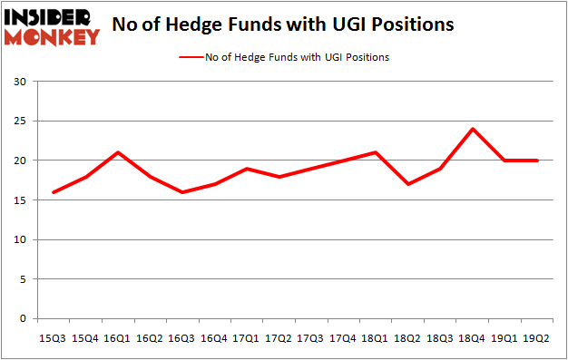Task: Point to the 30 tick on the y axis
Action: [19, 82]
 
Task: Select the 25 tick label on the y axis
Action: [19, 122]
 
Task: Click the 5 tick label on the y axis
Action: [22, 279]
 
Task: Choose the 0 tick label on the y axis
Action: [22, 319]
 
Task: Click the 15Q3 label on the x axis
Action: [52, 338]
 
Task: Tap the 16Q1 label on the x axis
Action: [118, 338]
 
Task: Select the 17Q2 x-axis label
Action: [278, 338]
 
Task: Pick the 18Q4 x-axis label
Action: [472, 338]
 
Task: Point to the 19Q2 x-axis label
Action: [537, 338]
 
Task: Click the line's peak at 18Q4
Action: [473, 129]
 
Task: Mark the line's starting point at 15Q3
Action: [53, 192]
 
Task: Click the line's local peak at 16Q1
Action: [118, 152]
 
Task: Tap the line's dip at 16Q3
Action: [182, 192]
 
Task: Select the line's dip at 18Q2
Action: [408, 184]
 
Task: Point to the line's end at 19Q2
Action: [538, 161]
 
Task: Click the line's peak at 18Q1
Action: [376, 152]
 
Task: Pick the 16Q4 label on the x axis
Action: [214, 338]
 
